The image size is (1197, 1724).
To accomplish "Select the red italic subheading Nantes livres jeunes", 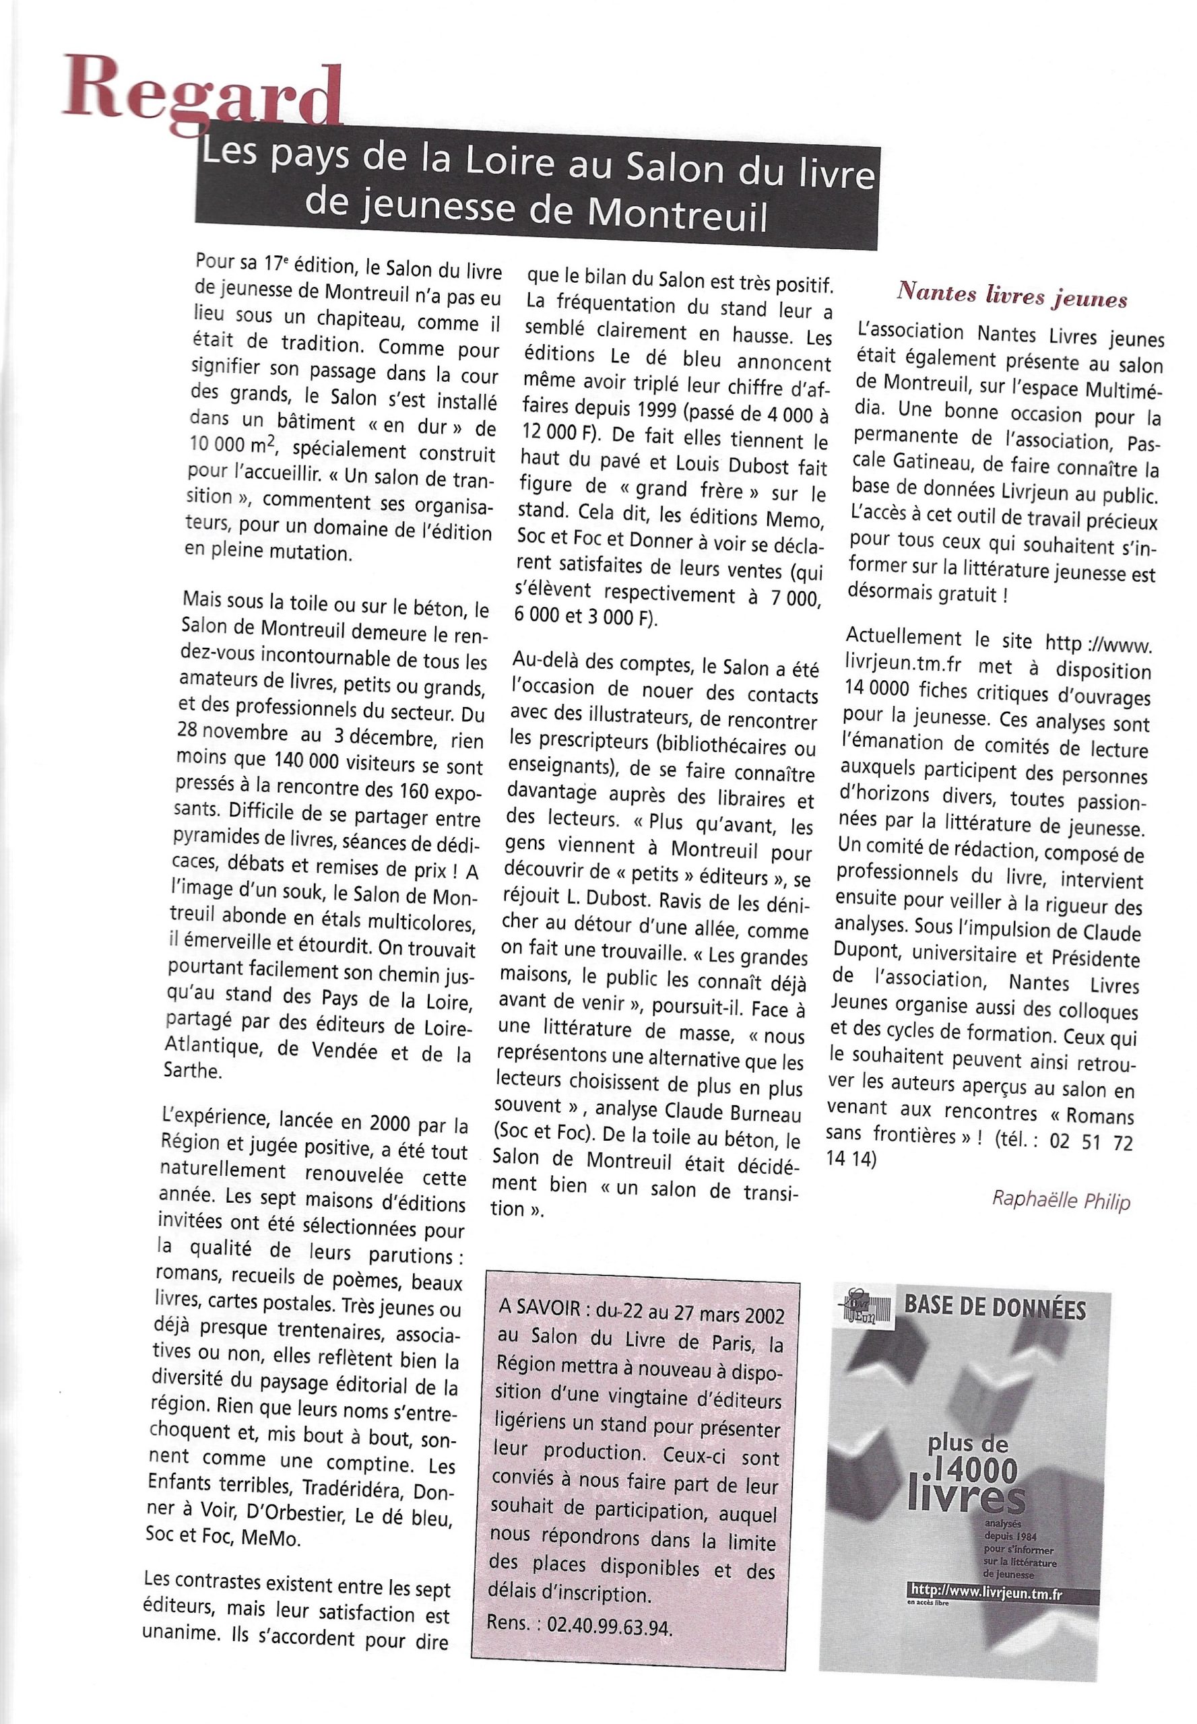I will pyautogui.click(x=1012, y=298).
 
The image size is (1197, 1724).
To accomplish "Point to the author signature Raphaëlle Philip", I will pyautogui.click(x=1060, y=1199).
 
